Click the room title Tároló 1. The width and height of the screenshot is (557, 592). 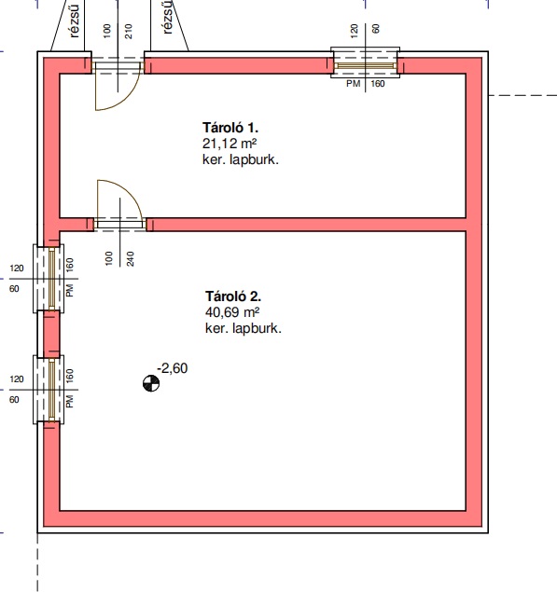[230, 128]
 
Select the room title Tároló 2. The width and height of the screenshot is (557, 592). [233, 296]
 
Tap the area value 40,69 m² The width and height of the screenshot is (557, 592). [232, 312]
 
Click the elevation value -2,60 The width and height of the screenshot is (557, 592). [173, 368]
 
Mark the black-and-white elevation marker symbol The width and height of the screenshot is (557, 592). [151, 383]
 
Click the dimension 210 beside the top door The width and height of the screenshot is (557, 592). [129, 32]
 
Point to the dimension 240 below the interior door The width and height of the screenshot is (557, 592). [131, 259]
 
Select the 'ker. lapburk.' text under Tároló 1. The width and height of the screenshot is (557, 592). [241, 159]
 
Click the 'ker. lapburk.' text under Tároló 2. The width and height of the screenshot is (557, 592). [243, 328]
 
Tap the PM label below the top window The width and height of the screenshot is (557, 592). [354, 84]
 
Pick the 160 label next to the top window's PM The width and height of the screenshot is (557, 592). [378, 84]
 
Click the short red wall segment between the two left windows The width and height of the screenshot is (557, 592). [51, 334]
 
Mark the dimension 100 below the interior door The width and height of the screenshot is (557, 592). [109, 258]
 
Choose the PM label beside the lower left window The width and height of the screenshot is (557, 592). [70, 402]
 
